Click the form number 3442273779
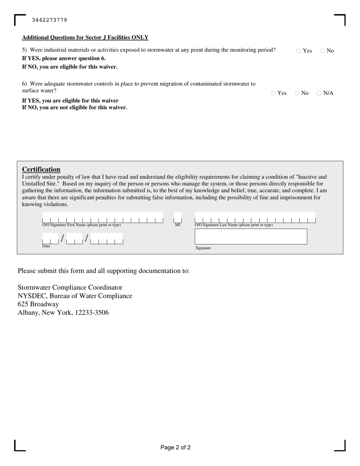coord(50,20)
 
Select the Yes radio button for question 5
coord(299,51)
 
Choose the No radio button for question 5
coord(322,51)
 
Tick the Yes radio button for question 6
coord(273,93)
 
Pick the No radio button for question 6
coord(297,93)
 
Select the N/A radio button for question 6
coord(319,93)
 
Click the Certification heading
coord(41,169)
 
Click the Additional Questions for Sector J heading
coord(85,38)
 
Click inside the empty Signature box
coord(250,236)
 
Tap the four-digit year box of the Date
coord(106,239)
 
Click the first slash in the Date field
coord(63,238)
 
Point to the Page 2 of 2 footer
coord(175,447)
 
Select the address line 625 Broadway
coord(38,304)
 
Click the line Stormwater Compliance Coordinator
coord(70,288)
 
